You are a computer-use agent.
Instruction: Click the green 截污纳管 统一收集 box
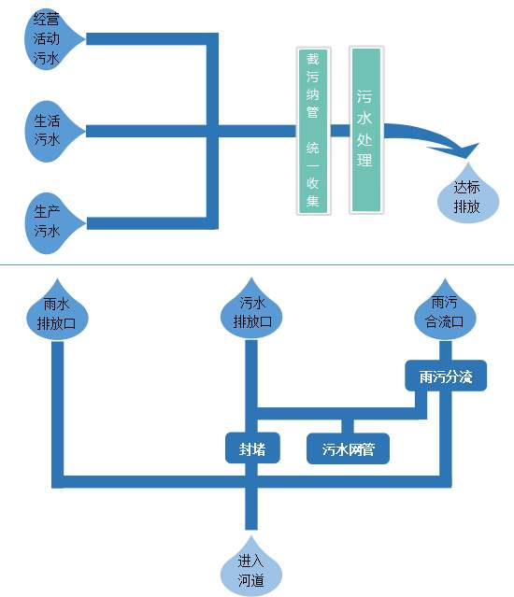pos(313,131)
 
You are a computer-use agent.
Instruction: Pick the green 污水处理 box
pos(366,130)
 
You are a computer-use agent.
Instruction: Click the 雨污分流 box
pos(446,376)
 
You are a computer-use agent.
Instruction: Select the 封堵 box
pos(252,448)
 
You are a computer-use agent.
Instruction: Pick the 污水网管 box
pos(348,448)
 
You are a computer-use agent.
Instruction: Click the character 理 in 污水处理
pos(364,159)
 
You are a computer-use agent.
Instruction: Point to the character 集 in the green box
pos(312,201)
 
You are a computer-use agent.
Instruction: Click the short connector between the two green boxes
pos(340,131)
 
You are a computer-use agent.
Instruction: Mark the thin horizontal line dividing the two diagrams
pos(257,264)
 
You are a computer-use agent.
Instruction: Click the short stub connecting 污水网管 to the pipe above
pos(348,426)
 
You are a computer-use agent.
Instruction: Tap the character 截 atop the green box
pos(312,59)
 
